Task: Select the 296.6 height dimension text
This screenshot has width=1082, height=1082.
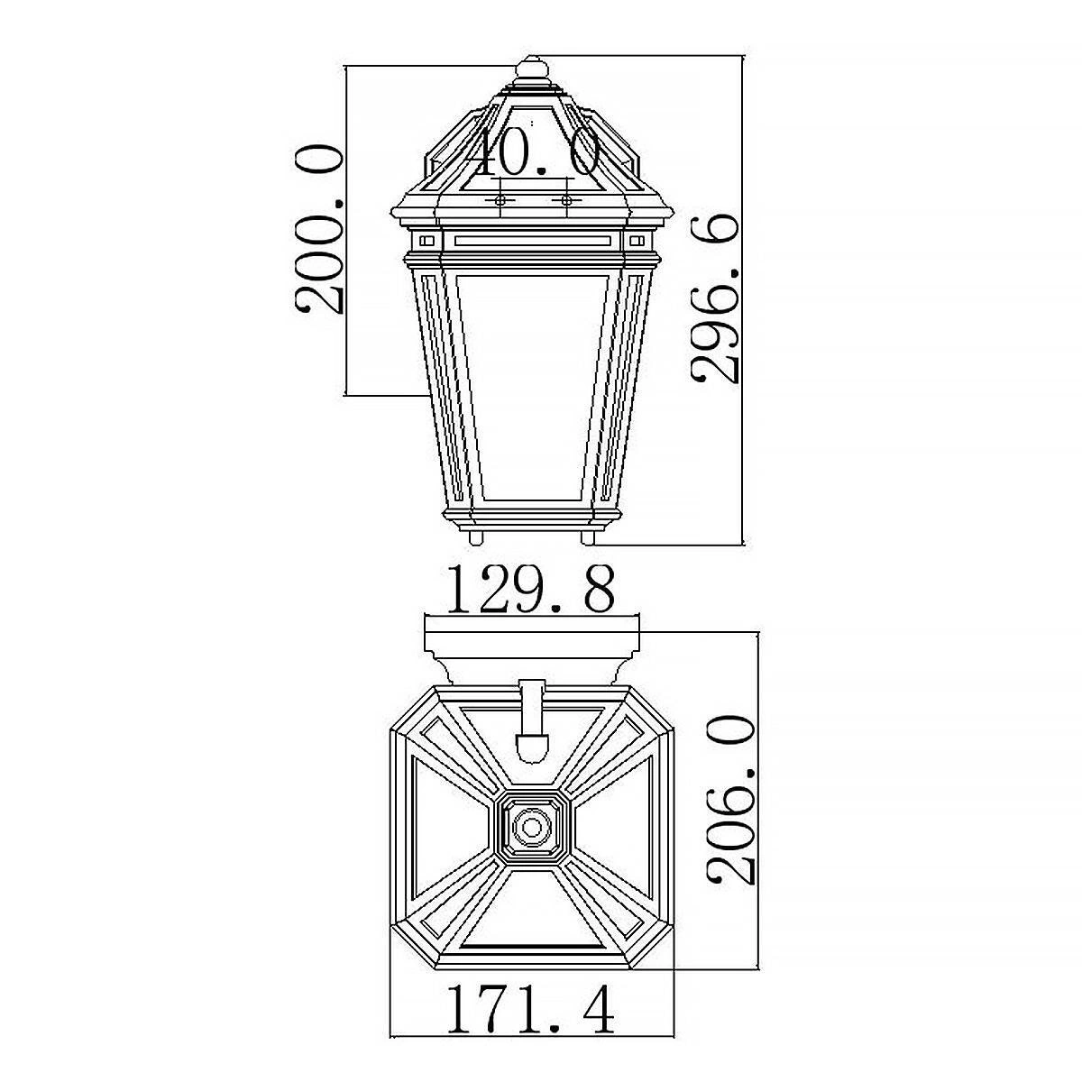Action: point(715,298)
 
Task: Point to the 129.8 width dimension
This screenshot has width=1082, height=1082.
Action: point(531,589)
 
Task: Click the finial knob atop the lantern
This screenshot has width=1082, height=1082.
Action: point(532,69)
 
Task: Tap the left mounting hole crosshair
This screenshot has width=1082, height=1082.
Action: point(500,200)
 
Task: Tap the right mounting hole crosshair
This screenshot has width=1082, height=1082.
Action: point(564,200)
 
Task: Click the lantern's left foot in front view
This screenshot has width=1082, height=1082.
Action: point(476,536)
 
